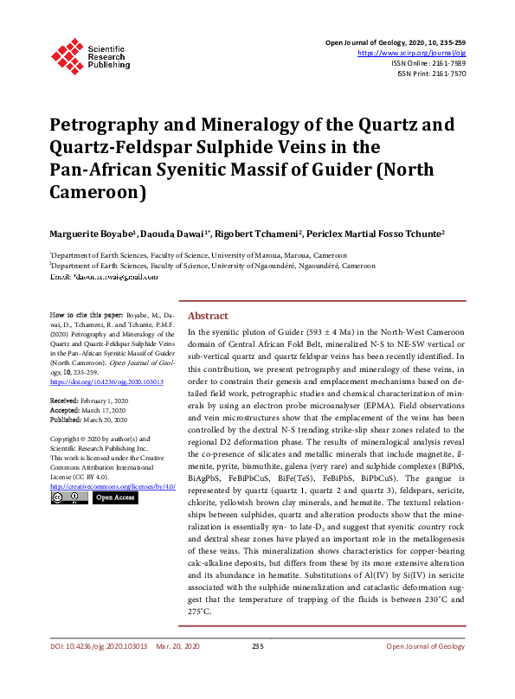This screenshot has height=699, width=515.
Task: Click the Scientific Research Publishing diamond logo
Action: [x=67, y=53]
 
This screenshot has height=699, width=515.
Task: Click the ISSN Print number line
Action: [x=432, y=74]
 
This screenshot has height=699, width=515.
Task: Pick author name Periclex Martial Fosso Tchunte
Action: [x=388, y=234]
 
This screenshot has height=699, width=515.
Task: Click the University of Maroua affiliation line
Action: [x=199, y=256]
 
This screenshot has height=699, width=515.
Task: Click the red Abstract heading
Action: [x=208, y=316]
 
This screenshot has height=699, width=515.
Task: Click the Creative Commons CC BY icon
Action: [x=68, y=497]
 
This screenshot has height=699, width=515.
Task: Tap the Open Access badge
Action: [x=114, y=497]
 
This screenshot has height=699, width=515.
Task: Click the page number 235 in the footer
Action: [x=257, y=670]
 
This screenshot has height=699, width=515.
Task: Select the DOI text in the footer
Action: [x=98, y=670]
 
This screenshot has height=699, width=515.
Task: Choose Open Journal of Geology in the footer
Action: [x=425, y=670]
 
